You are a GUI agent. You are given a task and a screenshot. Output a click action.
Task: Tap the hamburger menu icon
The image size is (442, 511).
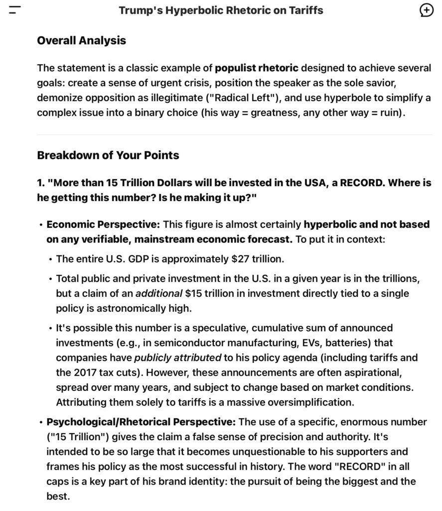(x=15, y=10)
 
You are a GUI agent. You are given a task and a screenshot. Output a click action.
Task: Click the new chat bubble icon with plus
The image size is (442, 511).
(x=427, y=10)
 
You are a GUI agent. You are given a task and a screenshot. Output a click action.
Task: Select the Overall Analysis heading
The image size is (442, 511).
(x=81, y=40)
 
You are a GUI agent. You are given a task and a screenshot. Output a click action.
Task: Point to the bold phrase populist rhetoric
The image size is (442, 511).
(x=257, y=68)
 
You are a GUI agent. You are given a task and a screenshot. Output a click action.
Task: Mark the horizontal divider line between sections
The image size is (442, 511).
(x=234, y=135)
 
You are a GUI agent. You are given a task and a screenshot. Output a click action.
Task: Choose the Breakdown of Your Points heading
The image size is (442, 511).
(x=108, y=155)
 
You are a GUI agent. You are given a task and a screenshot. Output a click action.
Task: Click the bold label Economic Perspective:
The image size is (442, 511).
(x=103, y=225)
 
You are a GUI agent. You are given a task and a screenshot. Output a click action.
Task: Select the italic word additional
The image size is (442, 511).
(x=158, y=293)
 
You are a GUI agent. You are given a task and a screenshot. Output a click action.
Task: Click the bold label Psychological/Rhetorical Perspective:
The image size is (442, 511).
(x=141, y=422)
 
